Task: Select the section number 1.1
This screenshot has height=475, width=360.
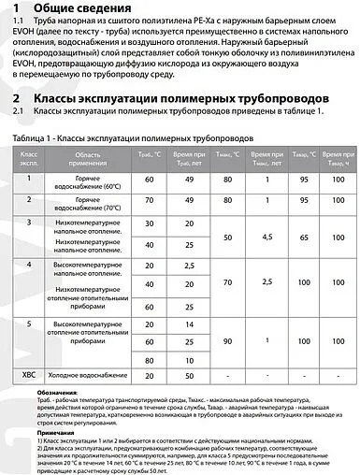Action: (x=20, y=30)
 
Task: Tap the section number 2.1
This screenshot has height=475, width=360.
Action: (x=20, y=112)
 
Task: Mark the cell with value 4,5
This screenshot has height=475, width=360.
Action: (x=267, y=237)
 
